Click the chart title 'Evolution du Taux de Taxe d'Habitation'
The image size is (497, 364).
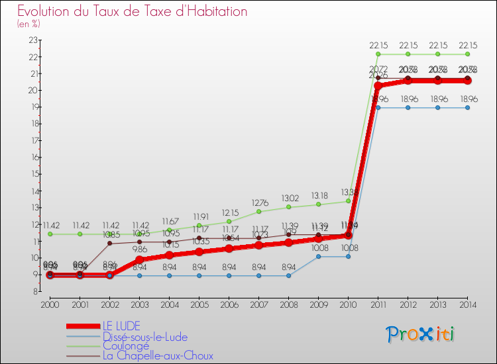(133, 11)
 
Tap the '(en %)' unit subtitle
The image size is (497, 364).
(28, 24)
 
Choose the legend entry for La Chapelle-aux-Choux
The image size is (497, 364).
(158, 355)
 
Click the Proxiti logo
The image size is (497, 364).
(420, 334)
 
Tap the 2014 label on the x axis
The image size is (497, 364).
(467, 304)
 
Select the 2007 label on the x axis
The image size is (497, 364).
(258, 304)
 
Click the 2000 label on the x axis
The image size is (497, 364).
(50, 304)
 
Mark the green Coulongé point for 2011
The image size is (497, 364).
(378, 54)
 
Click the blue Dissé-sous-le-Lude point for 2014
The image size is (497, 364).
(467, 107)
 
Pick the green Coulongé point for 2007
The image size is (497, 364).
(258, 211)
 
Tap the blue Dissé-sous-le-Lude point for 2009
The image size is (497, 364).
(318, 256)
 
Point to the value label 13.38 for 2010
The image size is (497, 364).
(348, 193)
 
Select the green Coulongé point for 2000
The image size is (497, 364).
(50, 234)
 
